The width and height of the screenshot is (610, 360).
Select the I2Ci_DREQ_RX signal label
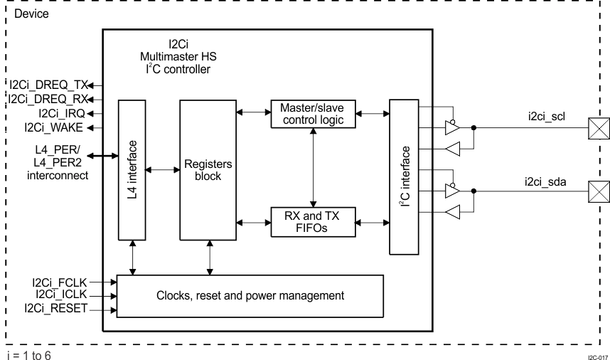46,99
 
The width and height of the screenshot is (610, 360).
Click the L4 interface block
132,171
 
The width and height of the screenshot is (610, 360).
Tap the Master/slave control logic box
313,115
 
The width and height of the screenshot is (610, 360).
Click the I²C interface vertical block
404,176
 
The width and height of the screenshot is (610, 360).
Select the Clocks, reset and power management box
250,295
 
